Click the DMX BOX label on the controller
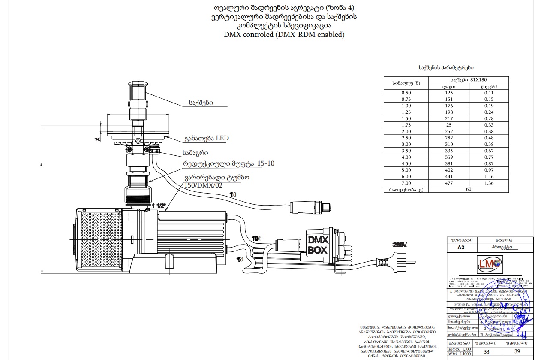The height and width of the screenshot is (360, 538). pyautogui.click(x=318, y=245)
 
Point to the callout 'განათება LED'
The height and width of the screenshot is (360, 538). pyautogui.click(x=207, y=138)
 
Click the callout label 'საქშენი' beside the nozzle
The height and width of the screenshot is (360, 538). pyautogui.click(x=201, y=103)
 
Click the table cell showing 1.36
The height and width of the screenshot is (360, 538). pyautogui.click(x=489, y=183)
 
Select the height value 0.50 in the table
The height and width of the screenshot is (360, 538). pyautogui.click(x=406, y=93)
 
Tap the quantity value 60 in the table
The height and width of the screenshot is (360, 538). pyautogui.click(x=469, y=189)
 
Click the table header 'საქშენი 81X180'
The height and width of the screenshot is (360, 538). pyautogui.click(x=469, y=79)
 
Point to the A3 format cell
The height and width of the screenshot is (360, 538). pyautogui.click(x=461, y=248)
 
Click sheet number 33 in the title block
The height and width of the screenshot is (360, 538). pyautogui.click(x=487, y=351)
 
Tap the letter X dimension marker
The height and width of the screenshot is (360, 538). pyautogui.click(x=97, y=139)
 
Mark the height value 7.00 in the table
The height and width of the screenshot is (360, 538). pyautogui.click(x=406, y=183)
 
